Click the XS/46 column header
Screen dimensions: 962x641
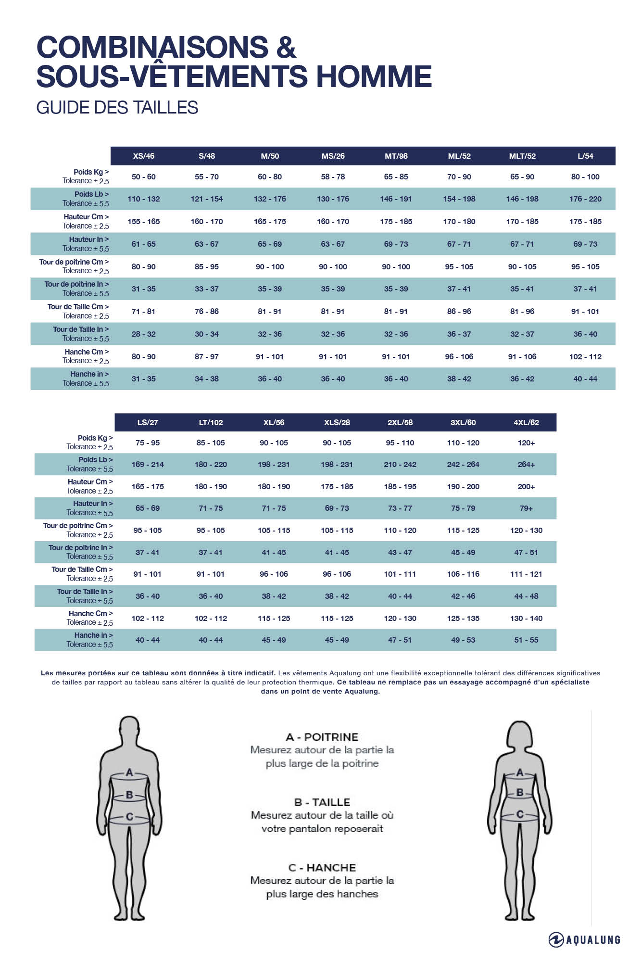point(143,156)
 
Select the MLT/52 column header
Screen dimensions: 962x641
point(522,156)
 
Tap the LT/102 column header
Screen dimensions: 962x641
point(211,422)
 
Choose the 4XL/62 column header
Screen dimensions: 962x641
point(526,422)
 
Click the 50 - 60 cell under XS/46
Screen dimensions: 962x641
point(143,177)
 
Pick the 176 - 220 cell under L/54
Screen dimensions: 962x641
point(585,199)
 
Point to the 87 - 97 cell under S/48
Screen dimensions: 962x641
point(207,356)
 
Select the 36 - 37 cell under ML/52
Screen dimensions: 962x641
point(459,334)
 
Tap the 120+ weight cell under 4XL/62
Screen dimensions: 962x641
point(526,443)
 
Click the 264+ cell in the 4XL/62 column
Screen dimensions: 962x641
point(526,464)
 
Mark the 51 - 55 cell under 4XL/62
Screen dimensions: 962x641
point(526,640)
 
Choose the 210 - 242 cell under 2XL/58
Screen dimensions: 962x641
point(400,464)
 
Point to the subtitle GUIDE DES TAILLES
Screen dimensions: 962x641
point(117,107)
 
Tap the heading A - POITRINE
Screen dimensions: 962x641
point(322,737)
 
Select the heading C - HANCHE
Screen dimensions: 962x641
point(322,868)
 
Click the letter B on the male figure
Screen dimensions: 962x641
point(129,795)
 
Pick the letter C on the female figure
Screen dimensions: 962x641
point(520,814)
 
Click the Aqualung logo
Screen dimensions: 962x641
point(584,939)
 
